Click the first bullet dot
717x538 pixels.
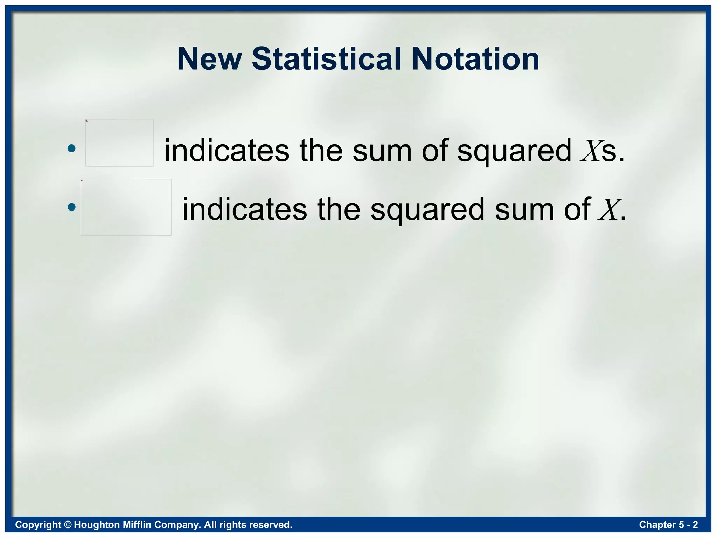pos(71,148)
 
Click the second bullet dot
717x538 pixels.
pos(71,207)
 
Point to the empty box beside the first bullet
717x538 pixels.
pos(119,143)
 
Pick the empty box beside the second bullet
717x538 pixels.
pos(126,207)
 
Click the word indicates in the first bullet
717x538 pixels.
pos(227,151)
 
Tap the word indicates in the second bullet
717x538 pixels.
pos(245,209)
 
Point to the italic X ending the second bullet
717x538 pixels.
pos(609,210)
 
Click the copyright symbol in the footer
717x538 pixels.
pos(68,525)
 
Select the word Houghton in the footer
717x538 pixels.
pos(97,525)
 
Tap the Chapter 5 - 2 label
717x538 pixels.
pos(668,525)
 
